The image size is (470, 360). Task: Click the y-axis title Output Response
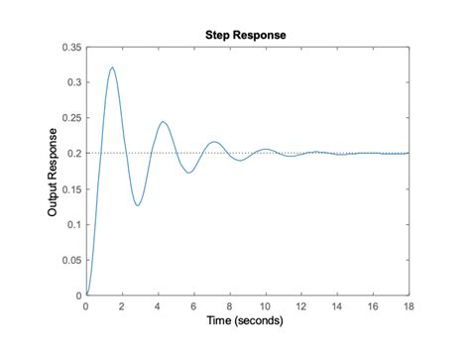[x=53, y=171]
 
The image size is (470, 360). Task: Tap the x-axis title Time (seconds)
[x=247, y=321]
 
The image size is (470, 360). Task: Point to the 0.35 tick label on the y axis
[x=71, y=48]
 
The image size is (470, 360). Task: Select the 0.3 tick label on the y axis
[x=74, y=82]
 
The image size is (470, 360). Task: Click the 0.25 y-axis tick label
[x=71, y=118]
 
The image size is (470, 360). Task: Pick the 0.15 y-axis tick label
[x=71, y=188]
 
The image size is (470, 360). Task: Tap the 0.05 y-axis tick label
[x=71, y=260]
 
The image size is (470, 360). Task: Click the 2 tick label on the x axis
[x=122, y=306]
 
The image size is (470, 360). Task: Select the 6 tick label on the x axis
[x=193, y=306]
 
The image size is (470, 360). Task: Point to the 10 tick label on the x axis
[x=266, y=306]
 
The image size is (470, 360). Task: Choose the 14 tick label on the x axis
[x=337, y=306]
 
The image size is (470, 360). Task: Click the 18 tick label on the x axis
[x=409, y=306]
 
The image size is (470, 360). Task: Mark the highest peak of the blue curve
[x=112, y=67]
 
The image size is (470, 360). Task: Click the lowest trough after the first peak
[x=138, y=205]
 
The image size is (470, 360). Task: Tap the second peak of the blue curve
[x=164, y=122]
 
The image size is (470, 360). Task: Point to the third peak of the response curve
[x=214, y=142]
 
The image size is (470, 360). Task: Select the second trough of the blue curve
[x=189, y=174]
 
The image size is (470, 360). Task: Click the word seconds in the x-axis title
[x=262, y=321]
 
